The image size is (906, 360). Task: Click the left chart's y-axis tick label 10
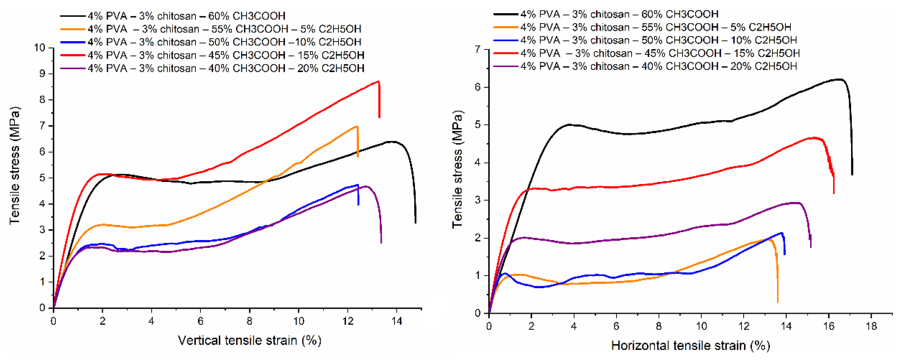click(x=40, y=48)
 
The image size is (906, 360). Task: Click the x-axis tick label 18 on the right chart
click(x=871, y=326)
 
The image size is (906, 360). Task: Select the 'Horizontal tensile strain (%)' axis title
click(x=690, y=346)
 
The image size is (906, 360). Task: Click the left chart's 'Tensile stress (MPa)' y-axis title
click(x=15, y=165)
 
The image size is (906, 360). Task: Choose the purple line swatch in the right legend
click(x=506, y=66)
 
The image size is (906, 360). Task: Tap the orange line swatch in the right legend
click(x=506, y=27)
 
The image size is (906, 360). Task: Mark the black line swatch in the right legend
click(x=506, y=14)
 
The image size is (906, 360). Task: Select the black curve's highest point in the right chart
click(x=840, y=79)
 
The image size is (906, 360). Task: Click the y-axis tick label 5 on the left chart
click(x=42, y=178)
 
